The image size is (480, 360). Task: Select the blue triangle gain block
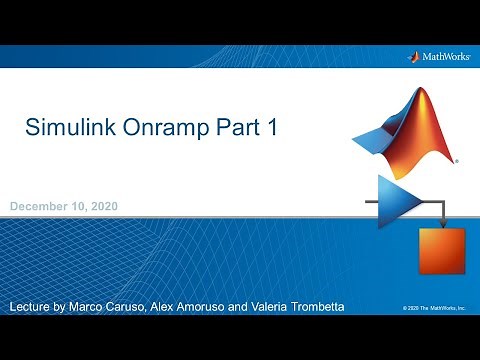point(397,201)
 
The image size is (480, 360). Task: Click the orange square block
point(441,250)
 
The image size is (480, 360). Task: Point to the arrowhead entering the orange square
point(441,223)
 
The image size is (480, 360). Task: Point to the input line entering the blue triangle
point(366,201)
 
